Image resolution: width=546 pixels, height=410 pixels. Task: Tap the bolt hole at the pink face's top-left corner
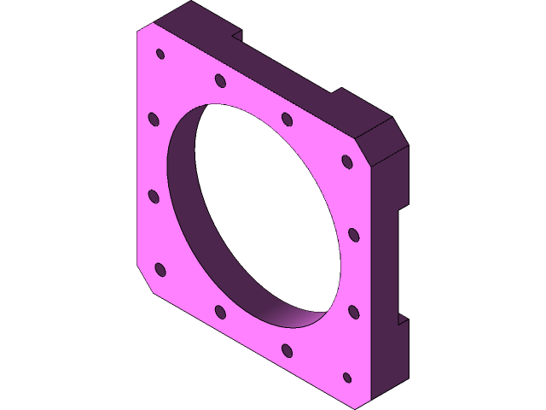point(160,54)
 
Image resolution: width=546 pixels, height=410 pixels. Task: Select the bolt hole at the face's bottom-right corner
point(346,377)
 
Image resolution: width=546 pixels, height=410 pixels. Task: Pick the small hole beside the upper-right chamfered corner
point(346,161)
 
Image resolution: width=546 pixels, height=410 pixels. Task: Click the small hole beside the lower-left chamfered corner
point(160,271)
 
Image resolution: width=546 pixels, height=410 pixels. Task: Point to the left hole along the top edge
point(220,81)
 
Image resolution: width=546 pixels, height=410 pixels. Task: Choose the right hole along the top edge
point(286,118)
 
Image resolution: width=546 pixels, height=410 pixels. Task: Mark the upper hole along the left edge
point(154,119)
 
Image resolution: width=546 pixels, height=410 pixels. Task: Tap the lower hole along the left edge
point(154,196)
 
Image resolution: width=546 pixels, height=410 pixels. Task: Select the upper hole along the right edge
point(353,233)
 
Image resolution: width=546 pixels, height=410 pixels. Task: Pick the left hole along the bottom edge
point(220,312)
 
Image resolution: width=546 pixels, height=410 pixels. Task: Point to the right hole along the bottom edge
point(288,350)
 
